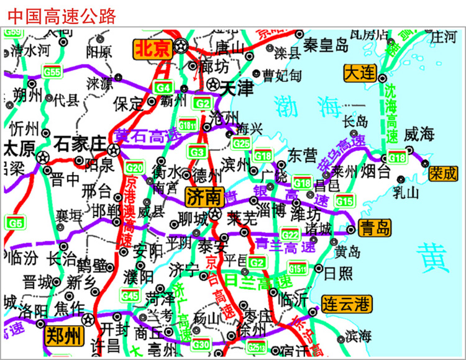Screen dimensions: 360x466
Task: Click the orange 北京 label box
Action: pos(153,48)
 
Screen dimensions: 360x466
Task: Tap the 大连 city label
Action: pos(360,73)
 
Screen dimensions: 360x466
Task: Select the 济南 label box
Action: pos(203,197)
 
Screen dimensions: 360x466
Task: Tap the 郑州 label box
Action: pos(63,336)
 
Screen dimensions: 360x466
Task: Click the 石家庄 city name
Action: pos(80,143)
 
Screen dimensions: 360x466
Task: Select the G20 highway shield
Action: pos(134,167)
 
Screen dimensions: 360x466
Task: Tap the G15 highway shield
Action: pos(344,200)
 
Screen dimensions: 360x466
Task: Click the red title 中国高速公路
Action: pos(62,16)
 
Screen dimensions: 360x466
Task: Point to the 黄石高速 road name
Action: pos(145,133)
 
